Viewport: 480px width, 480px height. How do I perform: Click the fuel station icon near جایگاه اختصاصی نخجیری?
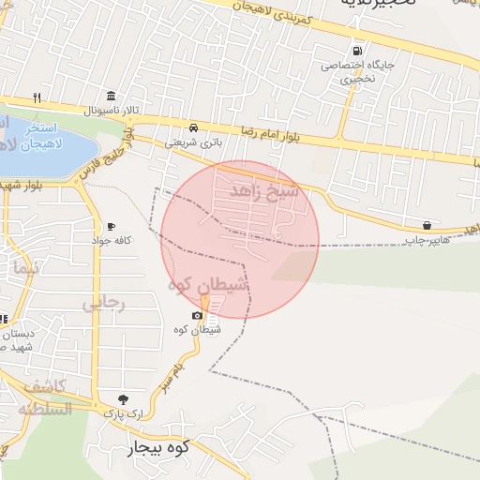coord(356,51)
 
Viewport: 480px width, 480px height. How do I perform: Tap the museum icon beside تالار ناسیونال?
coord(112,97)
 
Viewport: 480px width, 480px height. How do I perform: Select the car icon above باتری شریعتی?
coord(193,127)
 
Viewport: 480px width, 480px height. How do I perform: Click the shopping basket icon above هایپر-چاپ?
coord(427,225)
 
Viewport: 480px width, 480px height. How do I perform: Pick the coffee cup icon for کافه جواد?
coord(111,226)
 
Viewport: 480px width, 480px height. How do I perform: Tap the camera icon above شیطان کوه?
coord(197,315)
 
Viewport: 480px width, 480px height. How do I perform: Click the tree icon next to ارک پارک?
coord(122,398)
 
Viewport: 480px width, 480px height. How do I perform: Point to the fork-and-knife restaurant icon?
coord(37,97)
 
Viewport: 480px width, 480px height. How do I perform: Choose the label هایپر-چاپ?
coord(427,240)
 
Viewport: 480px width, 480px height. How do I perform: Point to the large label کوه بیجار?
coord(158,449)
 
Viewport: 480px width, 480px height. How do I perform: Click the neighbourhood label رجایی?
coord(103,303)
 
